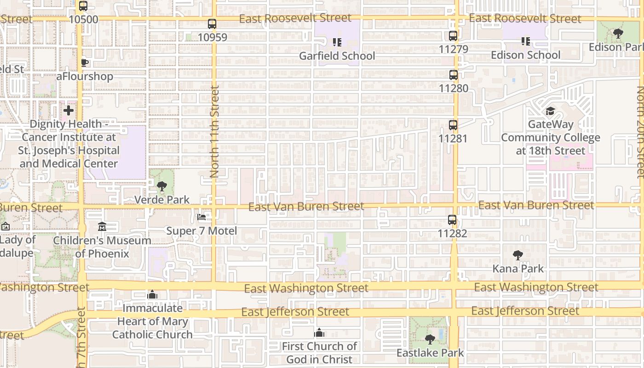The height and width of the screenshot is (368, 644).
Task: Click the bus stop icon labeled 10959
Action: click(212, 24)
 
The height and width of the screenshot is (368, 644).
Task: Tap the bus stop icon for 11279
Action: click(453, 36)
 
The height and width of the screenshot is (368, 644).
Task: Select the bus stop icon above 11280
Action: click(454, 75)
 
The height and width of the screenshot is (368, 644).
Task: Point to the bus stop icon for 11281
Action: click(453, 125)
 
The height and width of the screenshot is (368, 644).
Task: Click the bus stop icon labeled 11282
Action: click(452, 220)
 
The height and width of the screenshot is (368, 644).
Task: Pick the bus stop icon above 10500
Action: click(83, 6)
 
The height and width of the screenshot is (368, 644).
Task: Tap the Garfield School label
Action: click(337, 56)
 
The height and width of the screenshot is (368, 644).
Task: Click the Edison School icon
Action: click(526, 41)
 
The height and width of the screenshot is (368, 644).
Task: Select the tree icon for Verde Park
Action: click(161, 186)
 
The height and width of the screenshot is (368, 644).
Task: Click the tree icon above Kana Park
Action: click(518, 255)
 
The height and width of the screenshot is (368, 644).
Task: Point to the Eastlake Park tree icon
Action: click(430, 339)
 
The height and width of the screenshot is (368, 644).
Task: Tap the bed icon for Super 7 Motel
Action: click(201, 217)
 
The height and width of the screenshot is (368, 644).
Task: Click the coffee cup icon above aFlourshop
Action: click(85, 63)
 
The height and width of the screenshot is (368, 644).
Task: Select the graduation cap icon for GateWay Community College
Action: click(550, 111)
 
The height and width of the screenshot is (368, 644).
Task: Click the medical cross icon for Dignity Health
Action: click(69, 110)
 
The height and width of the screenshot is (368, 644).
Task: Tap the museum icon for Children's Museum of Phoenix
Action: click(102, 227)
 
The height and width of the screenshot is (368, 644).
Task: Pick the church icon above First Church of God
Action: click(319, 333)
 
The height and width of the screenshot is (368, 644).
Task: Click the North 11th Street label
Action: click(215, 132)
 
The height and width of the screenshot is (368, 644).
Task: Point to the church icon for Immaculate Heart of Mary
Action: click(152, 295)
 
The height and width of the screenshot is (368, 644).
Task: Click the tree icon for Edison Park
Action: click(618, 34)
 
